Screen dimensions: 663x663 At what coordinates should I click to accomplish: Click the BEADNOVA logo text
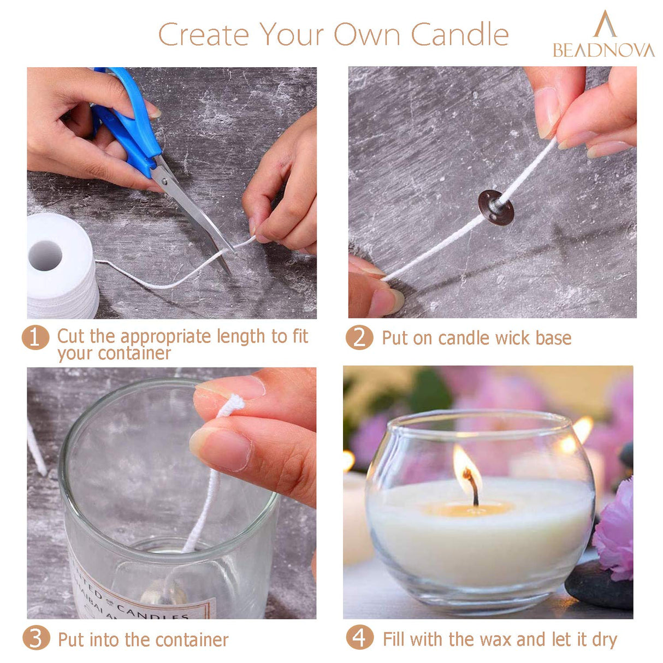[x=603, y=50]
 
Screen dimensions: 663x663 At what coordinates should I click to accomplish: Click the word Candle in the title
[x=459, y=35]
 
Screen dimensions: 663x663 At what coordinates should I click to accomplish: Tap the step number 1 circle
[x=35, y=338]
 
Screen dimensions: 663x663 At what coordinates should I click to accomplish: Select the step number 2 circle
[x=359, y=338]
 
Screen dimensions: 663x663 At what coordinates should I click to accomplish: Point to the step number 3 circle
[x=35, y=638]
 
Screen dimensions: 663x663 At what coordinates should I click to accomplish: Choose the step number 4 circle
[x=359, y=638]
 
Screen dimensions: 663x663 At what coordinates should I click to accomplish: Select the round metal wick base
[x=495, y=208]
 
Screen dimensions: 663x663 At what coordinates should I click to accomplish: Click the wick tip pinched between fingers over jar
[x=232, y=405]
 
